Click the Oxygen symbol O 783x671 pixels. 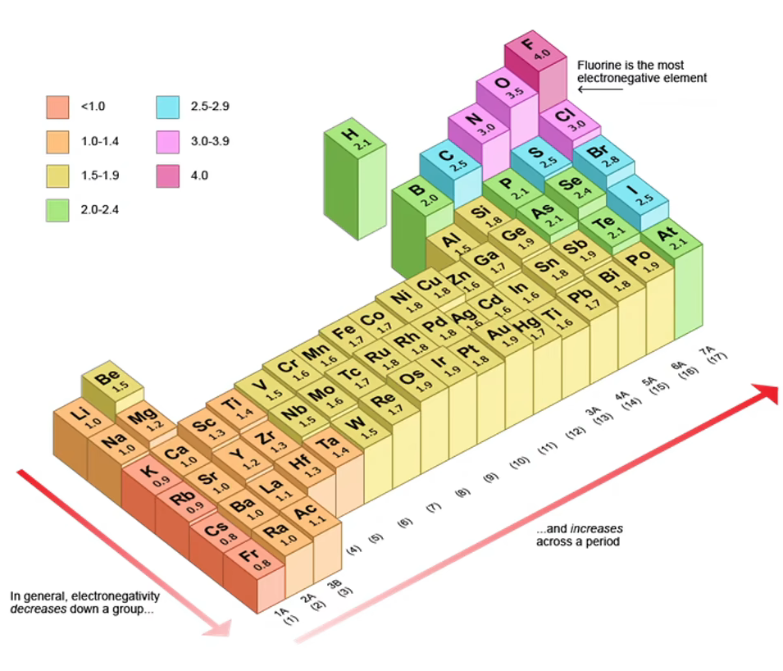point(503,83)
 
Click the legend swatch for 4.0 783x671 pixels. point(167,175)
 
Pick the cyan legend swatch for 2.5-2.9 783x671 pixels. point(167,106)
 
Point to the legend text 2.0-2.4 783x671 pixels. point(100,209)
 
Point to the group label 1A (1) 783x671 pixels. point(283,616)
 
